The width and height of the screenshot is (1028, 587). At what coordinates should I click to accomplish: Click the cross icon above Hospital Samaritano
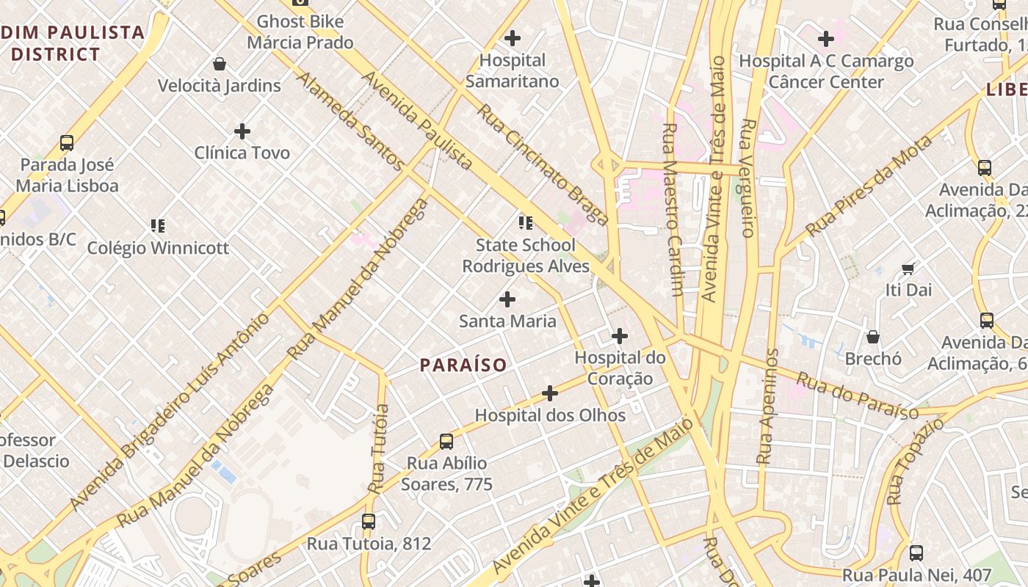pos(513,37)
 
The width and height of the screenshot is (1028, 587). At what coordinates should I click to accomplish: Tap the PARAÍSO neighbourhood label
pos(463,365)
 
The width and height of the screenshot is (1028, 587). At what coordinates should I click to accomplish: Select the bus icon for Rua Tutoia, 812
pos(369,522)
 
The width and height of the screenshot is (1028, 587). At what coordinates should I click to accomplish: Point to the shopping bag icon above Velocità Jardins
pos(219,64)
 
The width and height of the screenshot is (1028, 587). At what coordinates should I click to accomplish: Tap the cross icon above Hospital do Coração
pos(620,336)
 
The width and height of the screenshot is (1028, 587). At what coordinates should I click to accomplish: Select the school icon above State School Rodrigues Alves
pos(525,222)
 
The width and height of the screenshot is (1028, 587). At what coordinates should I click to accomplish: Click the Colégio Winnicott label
pos(158,248)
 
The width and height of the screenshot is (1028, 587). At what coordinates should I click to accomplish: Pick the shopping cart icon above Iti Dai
pos(908,269)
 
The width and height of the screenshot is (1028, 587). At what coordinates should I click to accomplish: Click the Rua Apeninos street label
pos(767,406)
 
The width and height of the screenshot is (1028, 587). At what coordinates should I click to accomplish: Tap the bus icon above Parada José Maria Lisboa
pos(67,142)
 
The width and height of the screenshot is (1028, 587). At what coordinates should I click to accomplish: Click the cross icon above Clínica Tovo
pos(242,131)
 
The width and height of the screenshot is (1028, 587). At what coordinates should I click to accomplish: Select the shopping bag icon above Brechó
pos(873,337)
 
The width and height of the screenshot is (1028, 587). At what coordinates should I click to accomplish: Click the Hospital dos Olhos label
pos(550,415)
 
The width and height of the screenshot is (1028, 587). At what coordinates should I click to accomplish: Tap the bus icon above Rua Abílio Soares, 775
pos(446,441)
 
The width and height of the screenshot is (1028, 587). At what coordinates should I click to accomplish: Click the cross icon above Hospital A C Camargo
pos(826,38)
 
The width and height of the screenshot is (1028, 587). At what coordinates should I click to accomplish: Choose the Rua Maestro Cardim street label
pos(673,209)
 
